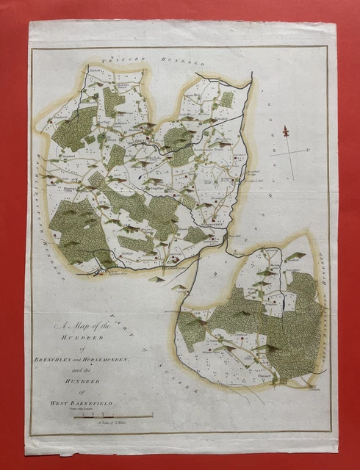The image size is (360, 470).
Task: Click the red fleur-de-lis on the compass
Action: click(286, 132)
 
